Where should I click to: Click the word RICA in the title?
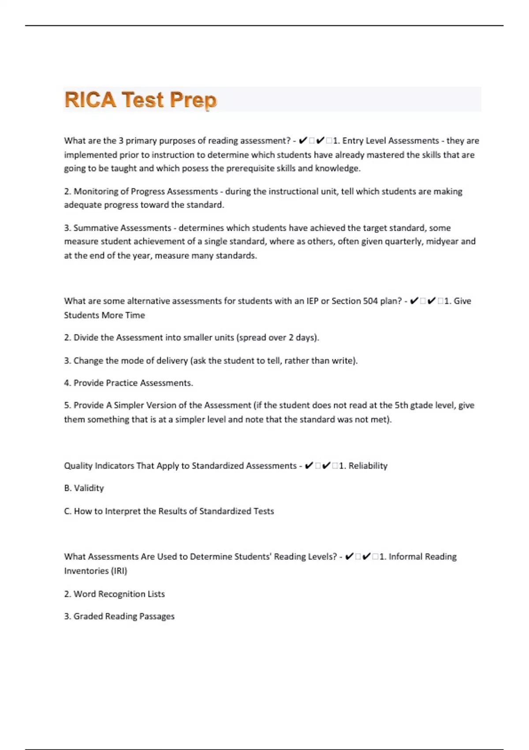coord(90,100)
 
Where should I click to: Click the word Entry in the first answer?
coord(353,141)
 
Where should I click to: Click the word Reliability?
coord(368,466)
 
